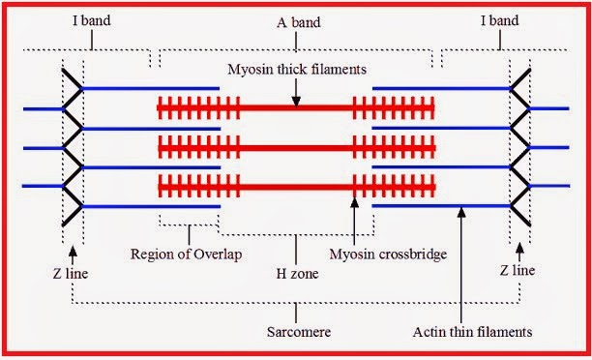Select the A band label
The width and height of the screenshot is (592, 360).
(x=296, y=18)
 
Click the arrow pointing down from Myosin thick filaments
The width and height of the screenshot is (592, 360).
(x=298, y=90)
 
